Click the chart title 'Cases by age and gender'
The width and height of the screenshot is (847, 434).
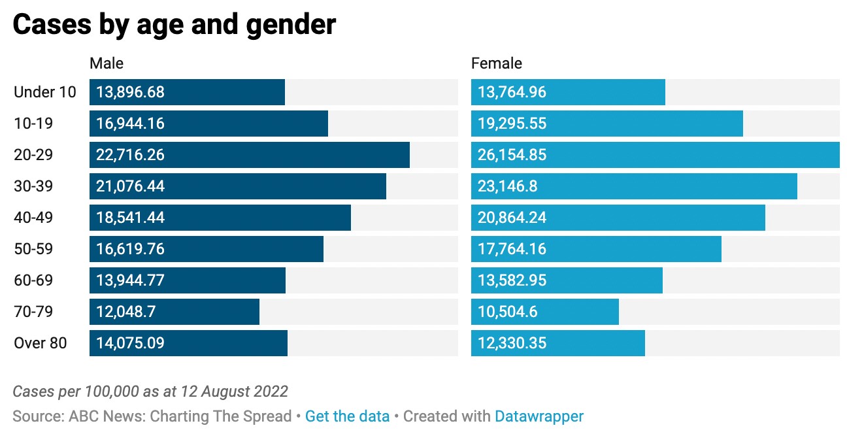pos(174,25)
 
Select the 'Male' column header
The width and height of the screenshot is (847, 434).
pos(107,63)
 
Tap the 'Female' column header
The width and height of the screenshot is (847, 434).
pos(497,63)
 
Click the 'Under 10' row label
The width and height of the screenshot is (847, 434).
pos(45,92)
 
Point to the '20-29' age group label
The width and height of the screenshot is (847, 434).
pos(33,155)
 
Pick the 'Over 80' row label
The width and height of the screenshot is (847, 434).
pos(41,343)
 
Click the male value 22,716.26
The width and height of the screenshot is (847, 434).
pos(130,155)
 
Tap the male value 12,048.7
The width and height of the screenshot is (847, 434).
pos(125,312)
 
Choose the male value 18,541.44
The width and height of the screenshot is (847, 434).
pos(130,218)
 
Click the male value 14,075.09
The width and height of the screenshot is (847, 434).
pos(130,343)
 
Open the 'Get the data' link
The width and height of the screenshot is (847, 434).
pos(347,416)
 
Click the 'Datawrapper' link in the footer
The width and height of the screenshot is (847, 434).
pos(539,416)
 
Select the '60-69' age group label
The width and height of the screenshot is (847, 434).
pos(33,280)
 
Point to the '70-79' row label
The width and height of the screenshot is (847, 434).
pos(33,312)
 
